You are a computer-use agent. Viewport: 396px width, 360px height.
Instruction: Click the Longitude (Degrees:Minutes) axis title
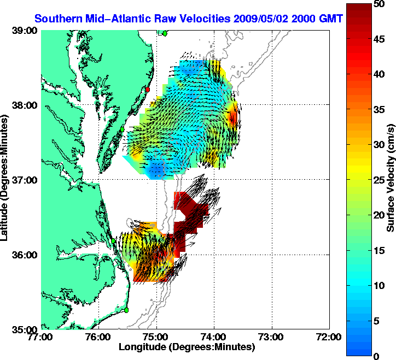[187, 347]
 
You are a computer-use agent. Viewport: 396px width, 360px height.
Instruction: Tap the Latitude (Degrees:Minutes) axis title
[7, 179]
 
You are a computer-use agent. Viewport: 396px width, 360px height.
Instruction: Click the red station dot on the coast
[147, 89]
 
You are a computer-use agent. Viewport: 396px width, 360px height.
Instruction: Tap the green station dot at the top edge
[165, 33]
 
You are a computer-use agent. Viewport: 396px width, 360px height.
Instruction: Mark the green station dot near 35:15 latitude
[126, 310]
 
